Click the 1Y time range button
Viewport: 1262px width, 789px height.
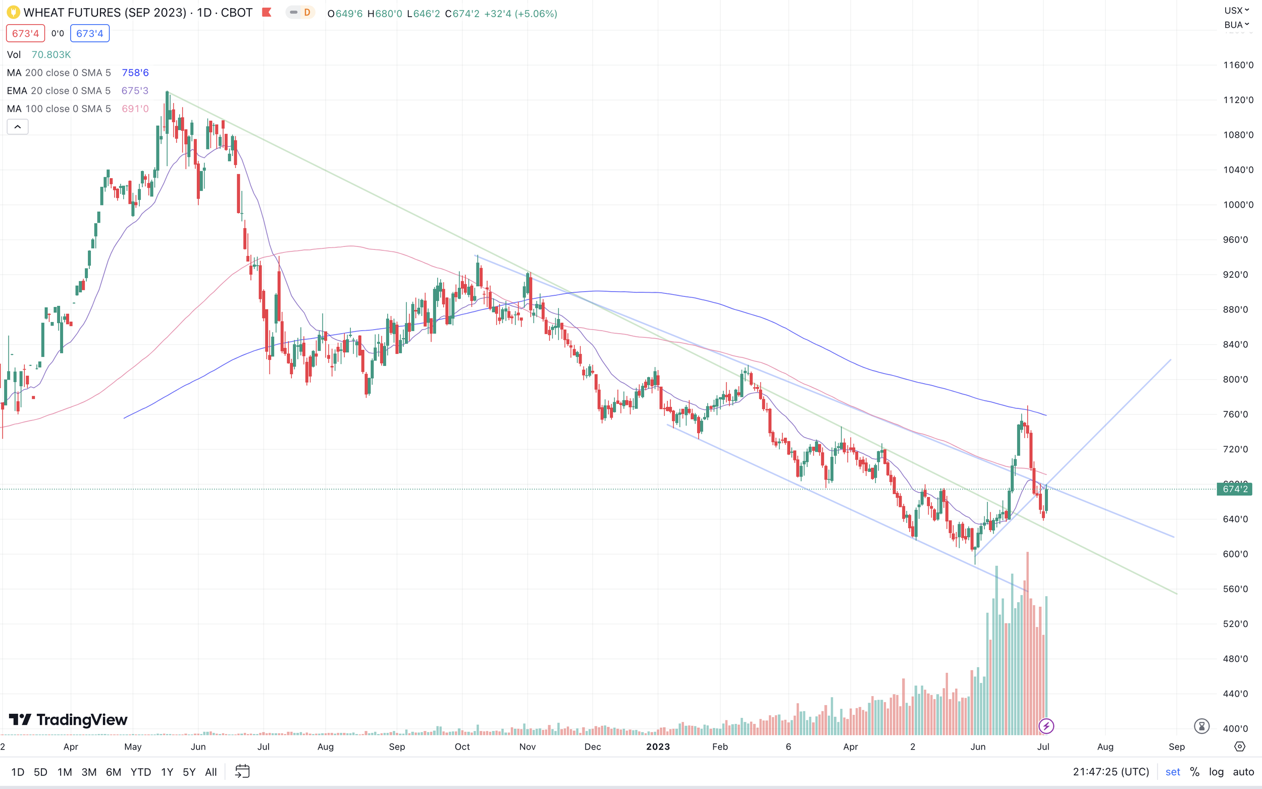coord(167,772)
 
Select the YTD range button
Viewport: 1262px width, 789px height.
coord(140,772)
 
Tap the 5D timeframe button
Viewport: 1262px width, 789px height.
coord(41,772)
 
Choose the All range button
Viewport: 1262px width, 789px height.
coord(211,772)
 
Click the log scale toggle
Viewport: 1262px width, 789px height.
coord(1216,772)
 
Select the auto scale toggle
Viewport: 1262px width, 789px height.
coord(1243,772)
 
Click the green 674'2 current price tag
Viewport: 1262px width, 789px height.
coord(1234,489)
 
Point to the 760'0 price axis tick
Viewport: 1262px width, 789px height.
coord(1235,414)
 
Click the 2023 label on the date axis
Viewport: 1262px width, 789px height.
coord(658,747)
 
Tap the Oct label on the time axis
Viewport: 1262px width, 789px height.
coord(462,747)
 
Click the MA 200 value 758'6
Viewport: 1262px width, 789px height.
coord(135,73)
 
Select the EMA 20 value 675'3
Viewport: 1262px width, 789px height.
coord(135,91)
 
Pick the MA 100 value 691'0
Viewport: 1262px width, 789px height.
coord(135,109)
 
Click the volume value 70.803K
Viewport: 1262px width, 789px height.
coord(51,55)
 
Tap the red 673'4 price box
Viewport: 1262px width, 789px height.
coord(26,33)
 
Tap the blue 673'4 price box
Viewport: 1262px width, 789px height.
coord(90,33)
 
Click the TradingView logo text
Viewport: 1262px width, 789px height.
coord(82,720)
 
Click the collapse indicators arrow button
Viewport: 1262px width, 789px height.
coord(17,127)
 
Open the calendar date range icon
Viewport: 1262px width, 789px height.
coord(243,771)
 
